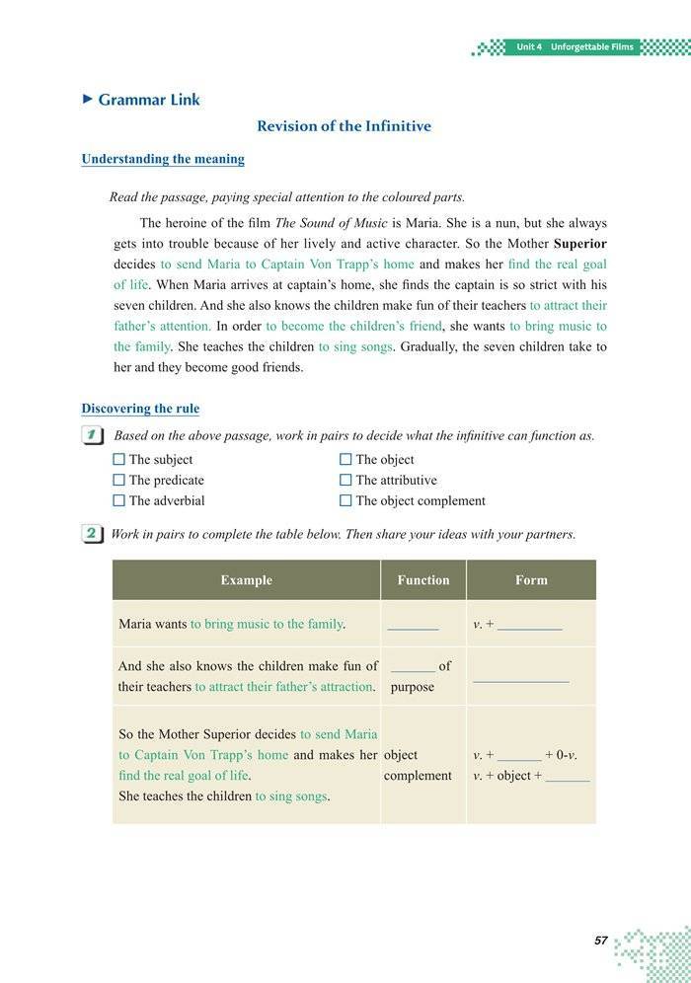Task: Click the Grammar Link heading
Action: [x=148, y=99]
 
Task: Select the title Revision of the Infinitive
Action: [x=344, y=126]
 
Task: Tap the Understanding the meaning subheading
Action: [x=163, y=159]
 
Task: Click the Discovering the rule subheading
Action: [x=140, y=409]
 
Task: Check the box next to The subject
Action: [x=119, y=459]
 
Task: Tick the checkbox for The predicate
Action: [x=119, y=480]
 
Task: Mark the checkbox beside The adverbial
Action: [x=119, y=500]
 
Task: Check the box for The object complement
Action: [x=345, y=500]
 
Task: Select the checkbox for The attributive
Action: [x=345, y=480]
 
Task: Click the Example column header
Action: [x=246, y=580]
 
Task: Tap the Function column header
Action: [x=422, y=580]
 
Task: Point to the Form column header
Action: [x=531, y=580]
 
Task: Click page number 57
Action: [x=600, y=941]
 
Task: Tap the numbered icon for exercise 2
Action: [x=91, y=534]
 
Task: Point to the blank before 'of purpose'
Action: [x=413, y=668]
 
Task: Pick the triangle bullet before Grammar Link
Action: [x=87, y=99]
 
